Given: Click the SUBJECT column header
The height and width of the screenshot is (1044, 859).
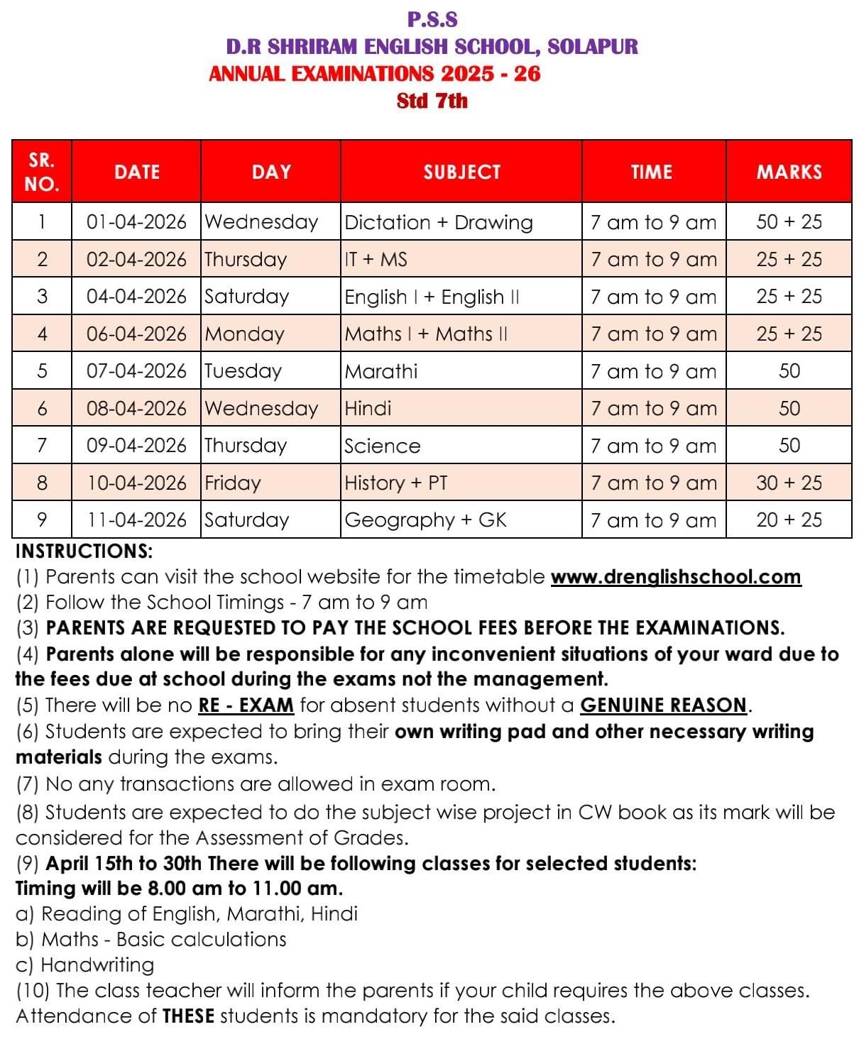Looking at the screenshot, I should point(461,172).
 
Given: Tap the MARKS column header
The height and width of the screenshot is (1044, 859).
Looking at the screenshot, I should point(789,172).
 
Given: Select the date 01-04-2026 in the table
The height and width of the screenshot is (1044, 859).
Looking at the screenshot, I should point(136,222).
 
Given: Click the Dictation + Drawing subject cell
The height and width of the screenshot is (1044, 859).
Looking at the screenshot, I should point(438,222).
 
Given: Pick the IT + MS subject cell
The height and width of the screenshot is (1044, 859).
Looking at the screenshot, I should point(376,259).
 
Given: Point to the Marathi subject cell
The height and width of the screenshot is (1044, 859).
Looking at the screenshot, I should point(381,371).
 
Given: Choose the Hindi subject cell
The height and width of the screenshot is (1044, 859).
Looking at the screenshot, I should point(368,408).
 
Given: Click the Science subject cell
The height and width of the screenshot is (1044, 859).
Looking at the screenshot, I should point(382,446).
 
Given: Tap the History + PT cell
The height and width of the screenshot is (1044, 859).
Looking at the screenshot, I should point(395,483).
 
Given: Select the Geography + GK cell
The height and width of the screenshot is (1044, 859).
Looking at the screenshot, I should point(425,520).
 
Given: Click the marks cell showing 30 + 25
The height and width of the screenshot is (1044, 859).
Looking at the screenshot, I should point(789,483).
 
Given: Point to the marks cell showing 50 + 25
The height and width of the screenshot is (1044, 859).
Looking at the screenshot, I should point(789,222).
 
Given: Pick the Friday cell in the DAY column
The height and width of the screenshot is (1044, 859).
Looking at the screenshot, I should point(233,483).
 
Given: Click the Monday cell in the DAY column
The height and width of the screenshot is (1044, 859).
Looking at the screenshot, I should point(244,334).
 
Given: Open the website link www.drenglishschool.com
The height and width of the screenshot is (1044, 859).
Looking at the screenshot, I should point(676,576).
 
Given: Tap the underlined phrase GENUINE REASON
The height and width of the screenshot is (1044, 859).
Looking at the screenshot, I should point(664,705).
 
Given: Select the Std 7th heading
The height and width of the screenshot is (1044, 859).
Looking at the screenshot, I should point(432,101).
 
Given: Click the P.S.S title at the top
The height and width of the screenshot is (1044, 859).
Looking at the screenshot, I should point(432,19).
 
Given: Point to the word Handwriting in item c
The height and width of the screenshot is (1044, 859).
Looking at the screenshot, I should point(97,965).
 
